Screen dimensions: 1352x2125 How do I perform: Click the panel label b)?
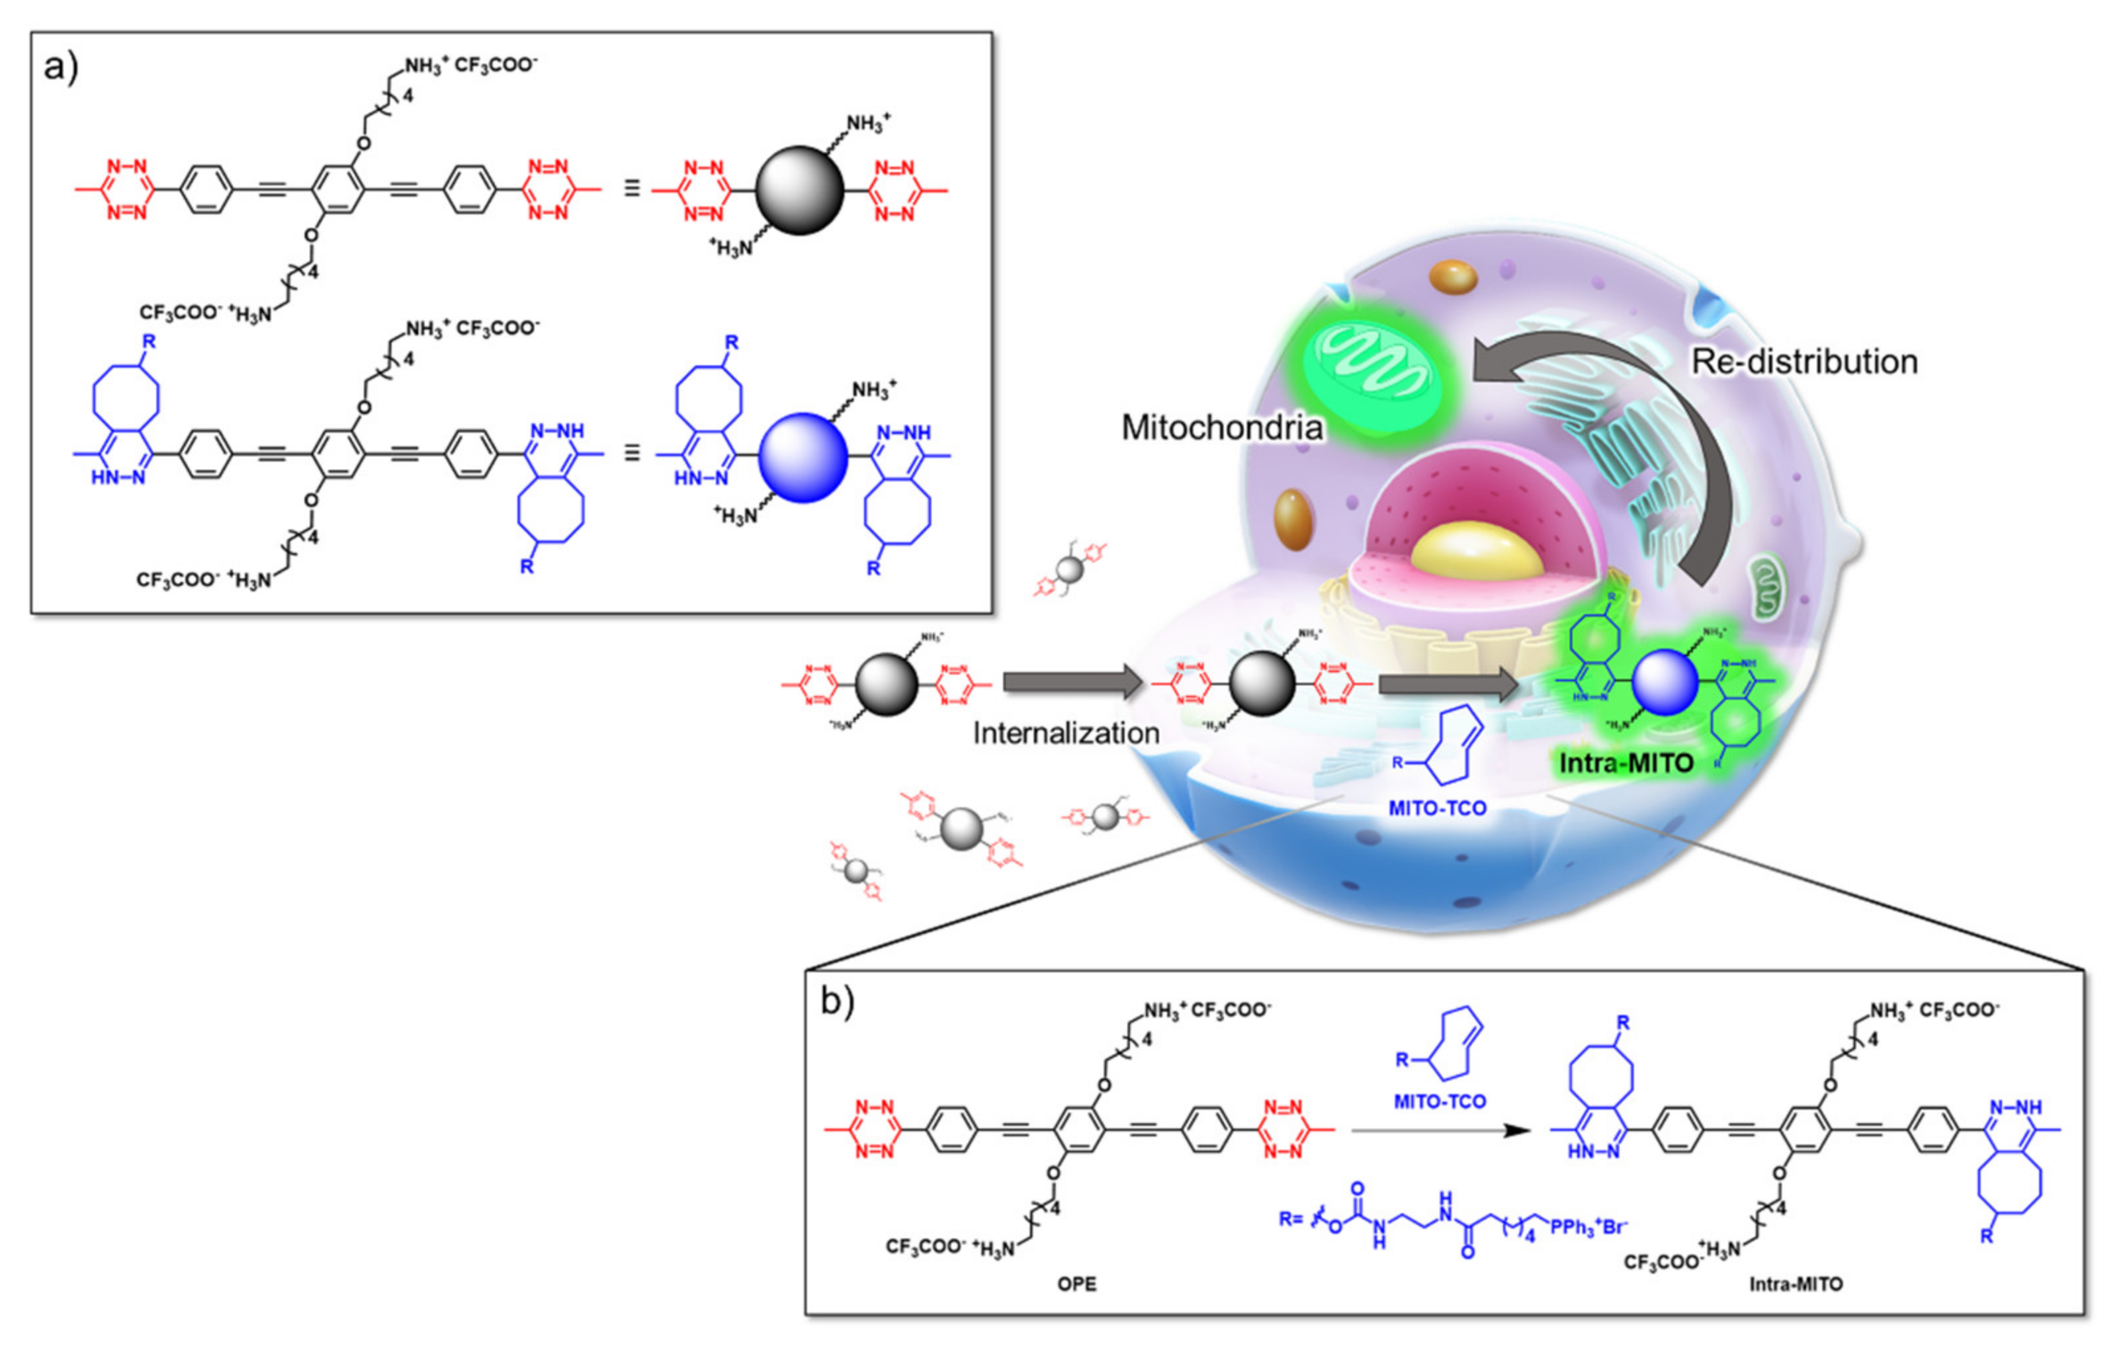pos(837,1001)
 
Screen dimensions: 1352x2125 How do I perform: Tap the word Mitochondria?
pos(1221,428)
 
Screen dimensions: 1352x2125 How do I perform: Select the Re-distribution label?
pos(1803,362)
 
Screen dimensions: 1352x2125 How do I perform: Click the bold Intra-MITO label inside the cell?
pos(1626,763)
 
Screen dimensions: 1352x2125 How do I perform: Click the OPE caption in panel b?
pos(1076,1284)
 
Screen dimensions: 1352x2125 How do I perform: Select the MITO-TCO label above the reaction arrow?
pos(1440,1101)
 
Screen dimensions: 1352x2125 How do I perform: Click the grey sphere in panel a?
pos(800,190)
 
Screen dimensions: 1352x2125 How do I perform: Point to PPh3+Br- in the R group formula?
pos(1588,1227)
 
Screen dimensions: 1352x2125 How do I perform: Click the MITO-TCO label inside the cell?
pos(1438,808)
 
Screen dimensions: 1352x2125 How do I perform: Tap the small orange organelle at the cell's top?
pos(1453,277)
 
